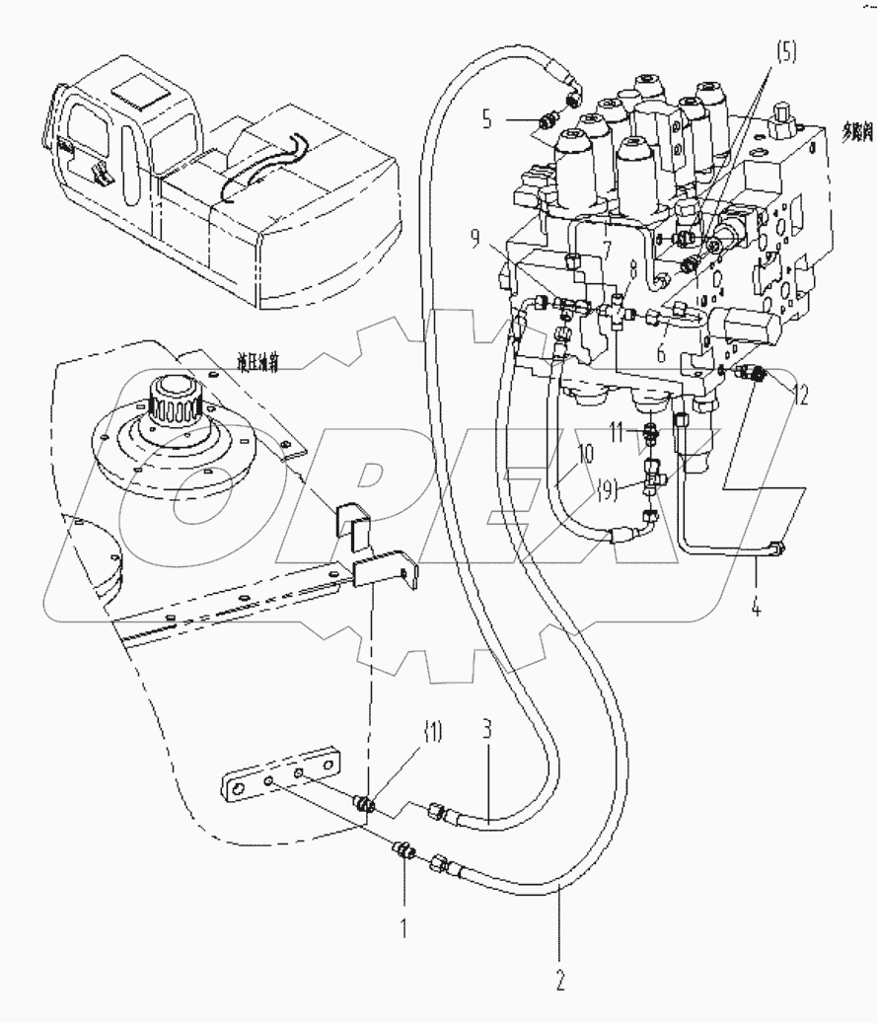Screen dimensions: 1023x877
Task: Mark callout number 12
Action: pyautogui.click(x=800, y=396)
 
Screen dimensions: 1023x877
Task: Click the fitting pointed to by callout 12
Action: pyautogui.click(x=761, y=376)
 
